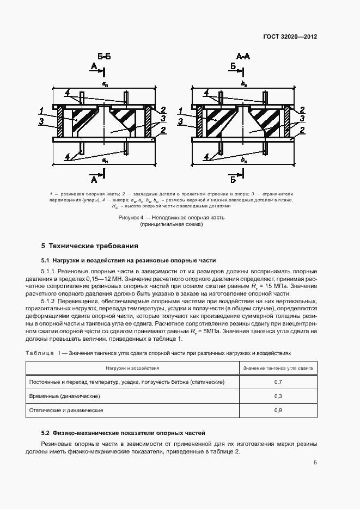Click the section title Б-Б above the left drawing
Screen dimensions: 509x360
(104, 56)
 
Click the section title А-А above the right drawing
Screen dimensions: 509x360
(243, 56)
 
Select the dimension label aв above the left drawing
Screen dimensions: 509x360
(104, 84)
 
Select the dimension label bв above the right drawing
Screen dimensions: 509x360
(244, 84)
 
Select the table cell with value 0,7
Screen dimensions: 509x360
(278, 383)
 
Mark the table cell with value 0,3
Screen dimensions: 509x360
(278, 396)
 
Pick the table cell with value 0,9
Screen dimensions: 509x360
(278, 410)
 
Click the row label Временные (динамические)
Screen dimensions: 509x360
(64, 396)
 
